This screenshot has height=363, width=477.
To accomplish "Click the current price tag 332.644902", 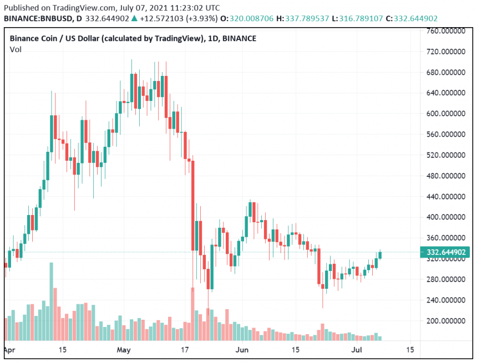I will pyautogui.click(x=447, y=252).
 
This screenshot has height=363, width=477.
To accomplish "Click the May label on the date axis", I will pyautogui.click(x=124, y=350).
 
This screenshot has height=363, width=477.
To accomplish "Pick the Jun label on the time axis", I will pyautogui.click(x=242, y=350).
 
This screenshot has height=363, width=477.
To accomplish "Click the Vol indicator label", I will pyautogui.click(x=16, y=50).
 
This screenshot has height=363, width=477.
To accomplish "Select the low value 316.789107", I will pyautogui.click(x=360, y=18).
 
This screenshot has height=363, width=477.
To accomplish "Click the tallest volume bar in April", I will pyautogui.click(x=51, y=302).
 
